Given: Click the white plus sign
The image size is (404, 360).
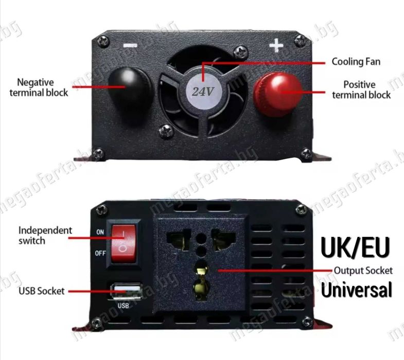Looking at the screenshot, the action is coord(276,46).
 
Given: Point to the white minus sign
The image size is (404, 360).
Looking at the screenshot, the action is coord(130,45).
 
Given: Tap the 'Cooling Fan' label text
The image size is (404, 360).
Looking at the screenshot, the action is coord(356,62).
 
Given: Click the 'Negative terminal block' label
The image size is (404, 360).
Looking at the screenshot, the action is coord(42,87).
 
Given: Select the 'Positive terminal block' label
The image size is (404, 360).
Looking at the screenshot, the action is coord(361,89).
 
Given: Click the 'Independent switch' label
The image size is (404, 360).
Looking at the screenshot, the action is coord(45,235).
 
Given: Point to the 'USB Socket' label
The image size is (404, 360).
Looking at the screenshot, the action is coord(42,291).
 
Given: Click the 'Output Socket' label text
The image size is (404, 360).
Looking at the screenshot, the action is coord(363,270).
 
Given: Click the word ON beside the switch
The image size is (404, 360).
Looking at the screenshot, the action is coord(100,232).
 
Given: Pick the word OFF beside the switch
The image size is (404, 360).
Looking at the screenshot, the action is coord(100,253).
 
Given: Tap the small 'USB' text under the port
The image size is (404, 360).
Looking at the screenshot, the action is coord(122,305).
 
